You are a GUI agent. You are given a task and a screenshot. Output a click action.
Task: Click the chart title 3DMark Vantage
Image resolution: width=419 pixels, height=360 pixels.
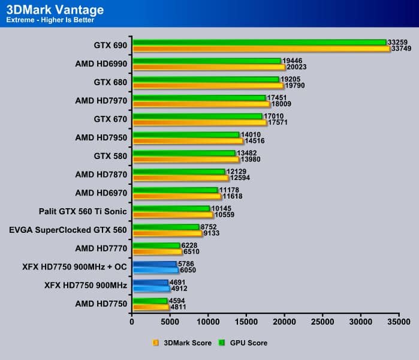click(55, 10)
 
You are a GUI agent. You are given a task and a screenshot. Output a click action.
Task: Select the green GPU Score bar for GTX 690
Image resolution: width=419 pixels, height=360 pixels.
click(259, 42)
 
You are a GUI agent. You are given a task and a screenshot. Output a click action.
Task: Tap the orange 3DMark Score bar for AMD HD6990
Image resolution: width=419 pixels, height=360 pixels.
click(209, 67)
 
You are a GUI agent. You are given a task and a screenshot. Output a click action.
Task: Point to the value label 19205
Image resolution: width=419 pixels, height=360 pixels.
click(291, 79)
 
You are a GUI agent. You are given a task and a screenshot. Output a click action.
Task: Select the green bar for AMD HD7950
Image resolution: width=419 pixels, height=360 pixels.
click(186, 135)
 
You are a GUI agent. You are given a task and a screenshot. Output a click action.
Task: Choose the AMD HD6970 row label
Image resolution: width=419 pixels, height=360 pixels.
click(101, 193)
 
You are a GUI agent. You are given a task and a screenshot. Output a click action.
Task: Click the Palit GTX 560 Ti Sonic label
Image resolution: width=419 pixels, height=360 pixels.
click(82, 211)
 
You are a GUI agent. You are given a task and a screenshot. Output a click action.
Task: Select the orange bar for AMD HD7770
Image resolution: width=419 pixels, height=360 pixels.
click(157, 252)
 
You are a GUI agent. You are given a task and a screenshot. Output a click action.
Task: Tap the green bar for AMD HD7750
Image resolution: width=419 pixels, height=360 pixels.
click(150, 301)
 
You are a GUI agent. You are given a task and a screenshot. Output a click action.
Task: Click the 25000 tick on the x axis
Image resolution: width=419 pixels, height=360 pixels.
click(323, 322)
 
